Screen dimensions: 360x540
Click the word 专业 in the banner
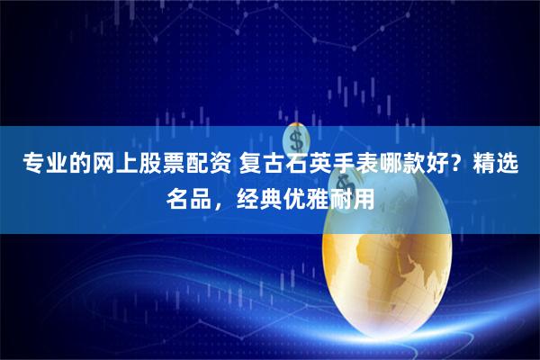pos(43,166)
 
